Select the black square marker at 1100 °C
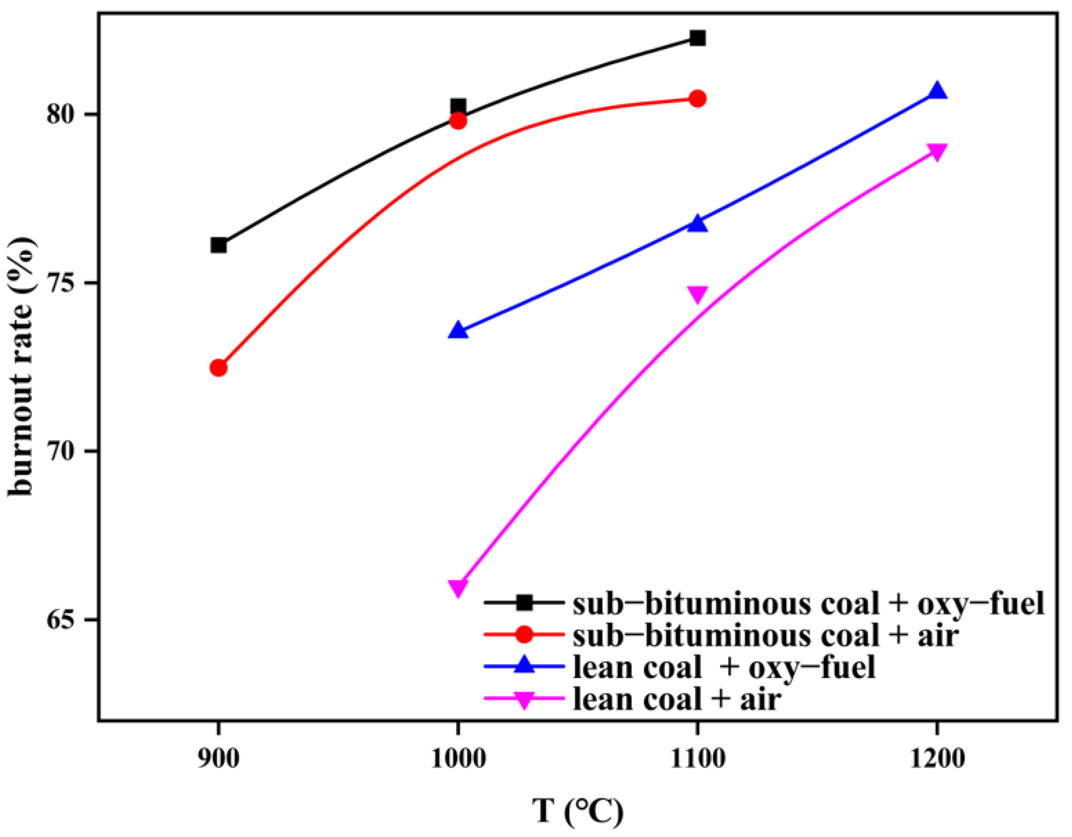point(698,38)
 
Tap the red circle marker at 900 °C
point(218,368)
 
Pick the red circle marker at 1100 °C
point(698,99)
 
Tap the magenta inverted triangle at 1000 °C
point(458,587)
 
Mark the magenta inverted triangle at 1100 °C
point(698,294)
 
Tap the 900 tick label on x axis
point(218,759)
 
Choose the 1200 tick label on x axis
point(937,759)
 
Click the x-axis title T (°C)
point(578,811)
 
